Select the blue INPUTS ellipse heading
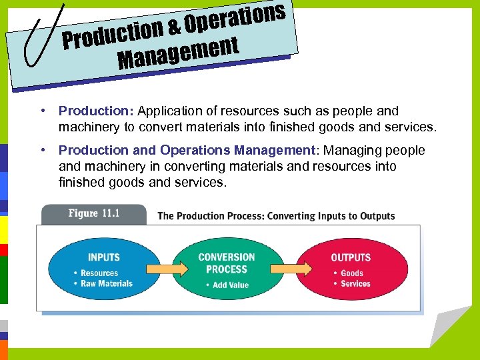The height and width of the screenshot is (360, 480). tap(104, 257)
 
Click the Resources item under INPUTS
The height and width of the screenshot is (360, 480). tap(99, 273)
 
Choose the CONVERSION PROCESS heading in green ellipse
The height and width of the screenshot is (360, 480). tap(227, 263)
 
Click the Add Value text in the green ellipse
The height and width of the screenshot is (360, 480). tap(230, 285)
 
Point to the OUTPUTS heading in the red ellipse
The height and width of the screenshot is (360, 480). tap(351, 257)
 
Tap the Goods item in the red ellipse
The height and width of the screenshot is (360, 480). tap(352, 273)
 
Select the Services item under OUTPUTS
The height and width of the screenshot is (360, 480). tap(355, 283)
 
